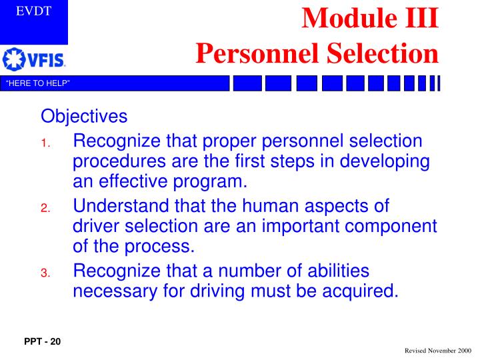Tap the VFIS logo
tap(34, 61)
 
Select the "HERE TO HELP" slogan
tap(37, 83)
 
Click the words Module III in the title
tap(370, 18)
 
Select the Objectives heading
tap(84, 117)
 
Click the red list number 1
tap(44, 143)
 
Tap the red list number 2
tap(44, 209)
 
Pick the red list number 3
tap(44, 273)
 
